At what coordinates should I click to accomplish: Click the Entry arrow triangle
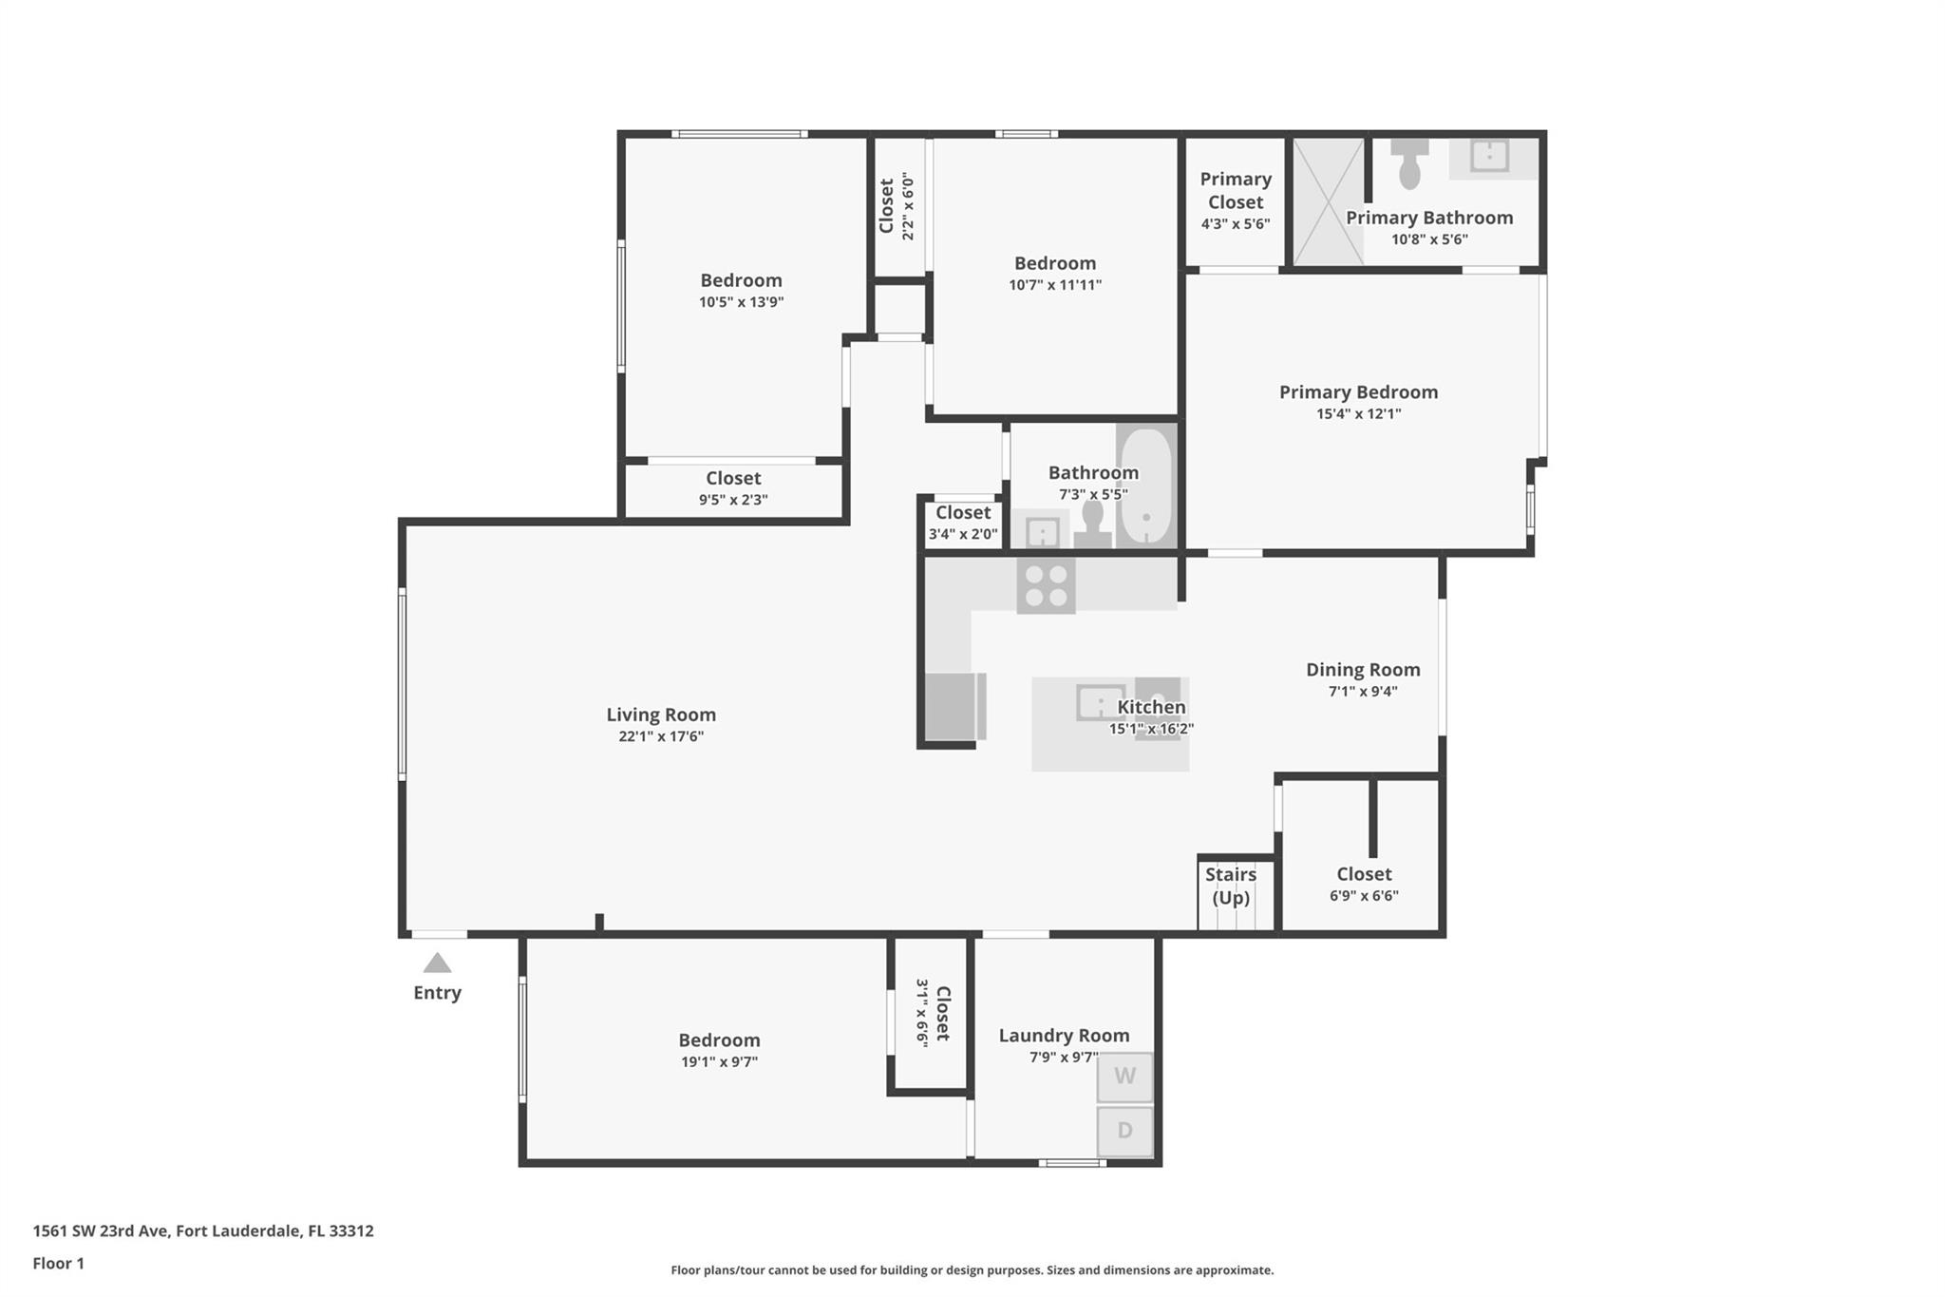437,963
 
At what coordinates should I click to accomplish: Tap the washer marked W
1124,1077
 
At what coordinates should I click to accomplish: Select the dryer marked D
1124,1131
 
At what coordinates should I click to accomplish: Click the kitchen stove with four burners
1046,585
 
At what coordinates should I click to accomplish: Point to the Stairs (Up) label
1231,886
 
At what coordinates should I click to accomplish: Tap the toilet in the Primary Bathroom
1410,163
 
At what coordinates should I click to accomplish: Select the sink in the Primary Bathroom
1489,155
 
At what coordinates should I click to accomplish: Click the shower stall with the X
1329,201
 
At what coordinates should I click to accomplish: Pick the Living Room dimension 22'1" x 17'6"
661,736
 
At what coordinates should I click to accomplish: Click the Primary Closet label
1235,190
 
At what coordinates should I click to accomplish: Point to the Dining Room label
1363,670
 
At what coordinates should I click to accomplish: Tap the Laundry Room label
1064,1036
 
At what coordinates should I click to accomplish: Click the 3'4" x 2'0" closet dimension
963,534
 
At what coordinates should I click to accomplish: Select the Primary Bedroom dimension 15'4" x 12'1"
1358,414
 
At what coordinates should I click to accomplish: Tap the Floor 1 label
59,1264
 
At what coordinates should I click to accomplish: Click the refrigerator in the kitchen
954,706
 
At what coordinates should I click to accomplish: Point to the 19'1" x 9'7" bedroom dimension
719,1062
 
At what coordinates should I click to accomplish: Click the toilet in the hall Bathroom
1092,523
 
